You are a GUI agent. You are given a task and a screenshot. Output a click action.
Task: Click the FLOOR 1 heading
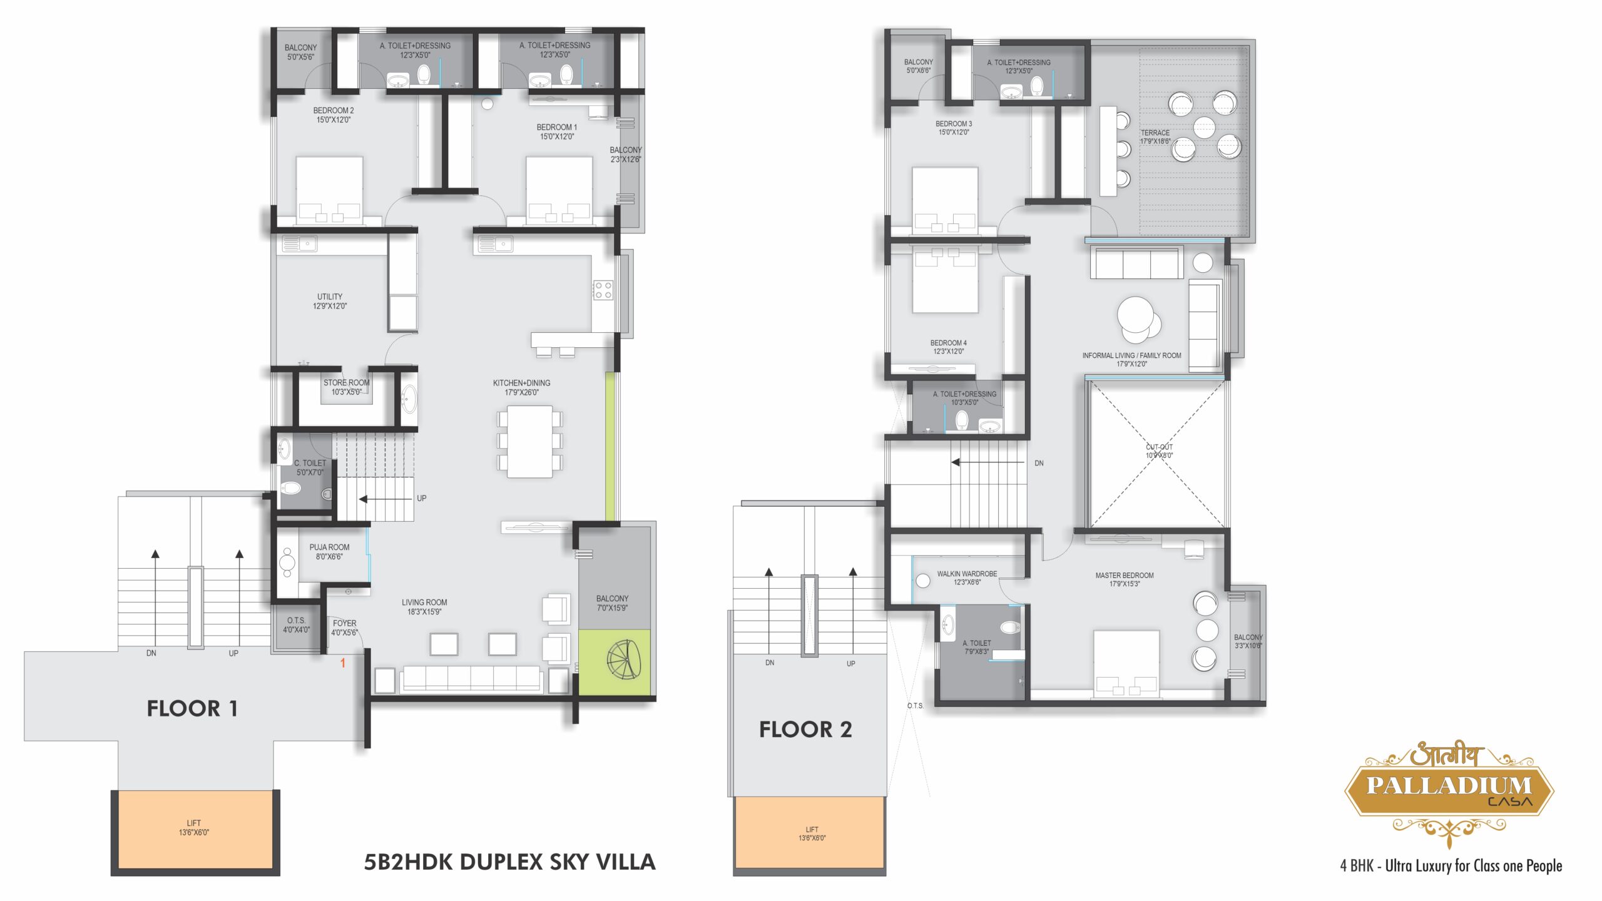point(192,708)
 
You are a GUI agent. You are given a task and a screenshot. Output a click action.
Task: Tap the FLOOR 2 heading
point(805,729)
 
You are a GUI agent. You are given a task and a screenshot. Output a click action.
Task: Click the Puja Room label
point(329,551)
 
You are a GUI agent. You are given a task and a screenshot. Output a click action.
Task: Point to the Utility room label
point(330,301)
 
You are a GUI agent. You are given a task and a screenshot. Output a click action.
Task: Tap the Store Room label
point(346,387)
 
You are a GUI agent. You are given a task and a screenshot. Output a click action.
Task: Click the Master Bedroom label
point(1125,579)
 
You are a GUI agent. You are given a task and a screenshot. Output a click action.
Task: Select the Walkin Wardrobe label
point(967,578)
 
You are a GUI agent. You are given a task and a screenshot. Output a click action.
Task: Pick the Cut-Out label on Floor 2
point(1159,451)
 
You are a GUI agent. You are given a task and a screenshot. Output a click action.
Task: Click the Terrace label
point(1155,137)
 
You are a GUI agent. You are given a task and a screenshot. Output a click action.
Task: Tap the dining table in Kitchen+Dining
point(529,441)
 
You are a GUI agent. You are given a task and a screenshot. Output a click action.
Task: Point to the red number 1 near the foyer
point(342,663)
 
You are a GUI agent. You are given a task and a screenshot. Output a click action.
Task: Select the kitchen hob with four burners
point(603,290)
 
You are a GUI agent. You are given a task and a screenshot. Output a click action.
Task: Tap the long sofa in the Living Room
point(471,680)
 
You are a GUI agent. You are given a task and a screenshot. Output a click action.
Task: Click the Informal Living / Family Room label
point(1131,359)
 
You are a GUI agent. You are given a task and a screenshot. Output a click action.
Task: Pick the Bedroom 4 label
point(948,347)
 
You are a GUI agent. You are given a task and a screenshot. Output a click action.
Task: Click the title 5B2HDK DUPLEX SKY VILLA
point(509,862)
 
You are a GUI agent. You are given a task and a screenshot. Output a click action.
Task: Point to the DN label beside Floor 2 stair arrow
point(1039,463)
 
